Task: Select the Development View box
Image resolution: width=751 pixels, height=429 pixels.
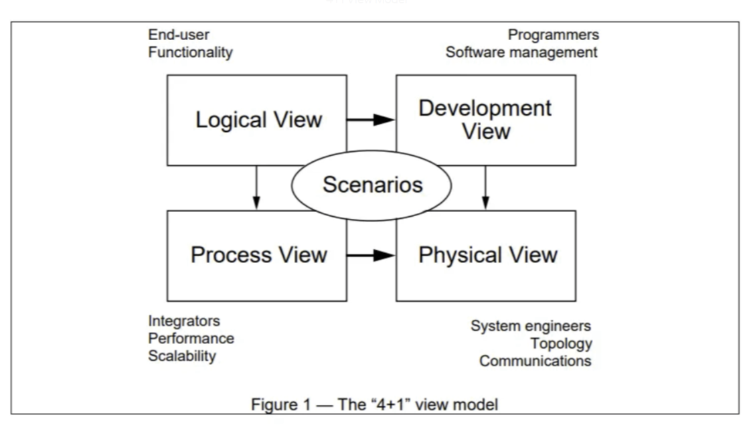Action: tap(485, 120)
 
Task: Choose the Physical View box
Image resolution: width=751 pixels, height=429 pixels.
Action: tap(485, 256)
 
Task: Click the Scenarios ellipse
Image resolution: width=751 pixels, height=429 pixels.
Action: tap(371, 185)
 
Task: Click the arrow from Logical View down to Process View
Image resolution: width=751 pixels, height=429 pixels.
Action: tap(256, 188)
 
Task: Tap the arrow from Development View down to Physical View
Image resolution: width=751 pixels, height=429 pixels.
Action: tap(486, 188)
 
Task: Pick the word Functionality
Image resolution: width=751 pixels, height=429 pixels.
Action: tap(190, 52)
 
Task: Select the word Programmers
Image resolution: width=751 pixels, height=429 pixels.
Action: tap(553, 35)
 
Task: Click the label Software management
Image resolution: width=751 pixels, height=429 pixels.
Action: tap(521, 52)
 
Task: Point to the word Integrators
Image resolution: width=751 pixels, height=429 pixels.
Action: tap(184, 321)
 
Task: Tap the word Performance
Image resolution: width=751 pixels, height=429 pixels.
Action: tap(191, 339)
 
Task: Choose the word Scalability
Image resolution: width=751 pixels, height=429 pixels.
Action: tap(182, 356)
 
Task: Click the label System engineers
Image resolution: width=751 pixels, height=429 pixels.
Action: tap(531, 326)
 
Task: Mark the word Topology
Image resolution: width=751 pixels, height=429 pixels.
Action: tap(561, 343)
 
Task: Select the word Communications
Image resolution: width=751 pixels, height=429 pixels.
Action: tap(535, 361)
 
